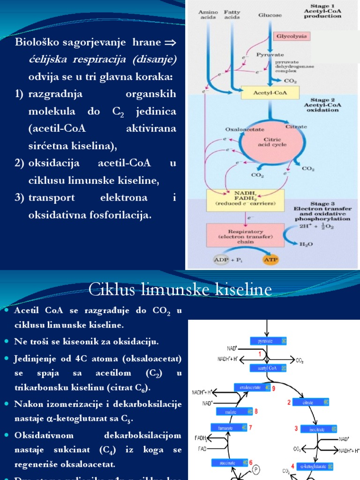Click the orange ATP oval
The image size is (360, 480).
[x=270, y=259]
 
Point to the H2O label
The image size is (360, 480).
[x=306, y=244]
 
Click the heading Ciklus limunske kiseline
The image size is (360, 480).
[x=180, y=290]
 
